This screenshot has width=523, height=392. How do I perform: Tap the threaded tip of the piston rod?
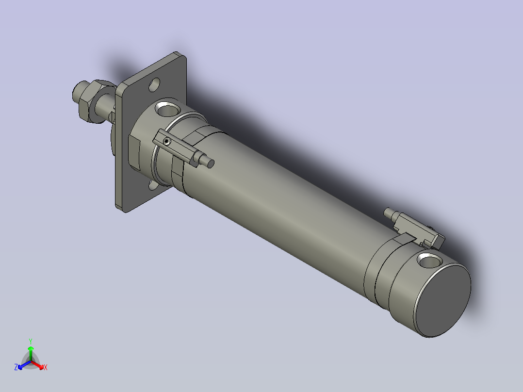pyautogui.click(x=77, y=91)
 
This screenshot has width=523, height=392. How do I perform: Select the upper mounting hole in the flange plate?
pyautogui.click(x=155, y=85)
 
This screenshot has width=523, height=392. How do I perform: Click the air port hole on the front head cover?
pyautogui.click(x=166, y=110)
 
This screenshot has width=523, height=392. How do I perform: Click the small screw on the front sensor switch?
pyautogui.click(x=167, y=141)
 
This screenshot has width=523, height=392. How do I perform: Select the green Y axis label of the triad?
pyautogui.click(x=30, y=341)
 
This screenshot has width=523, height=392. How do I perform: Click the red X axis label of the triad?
pyautogui.click(x=45, y=368)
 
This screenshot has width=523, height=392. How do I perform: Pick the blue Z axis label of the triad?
pyautogui.click(x=16, y=368)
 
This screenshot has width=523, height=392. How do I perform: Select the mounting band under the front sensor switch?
pyautogui.click(x=177, y=170)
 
